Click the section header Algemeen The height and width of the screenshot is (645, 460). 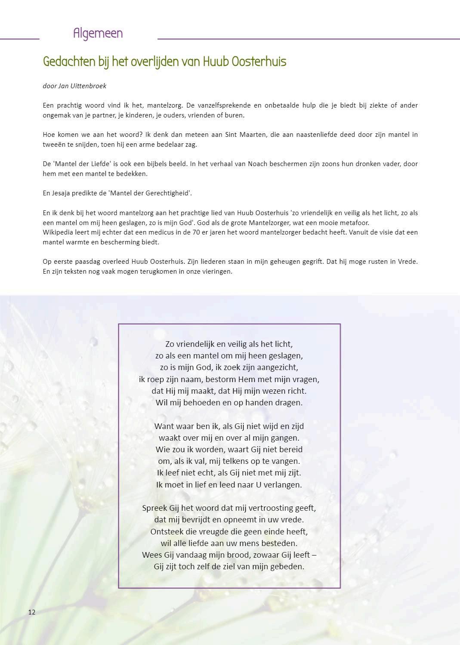(x=98, y=34)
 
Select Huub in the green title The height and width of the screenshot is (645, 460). (x=215, y=62)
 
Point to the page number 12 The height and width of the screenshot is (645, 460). (x=32, y=612)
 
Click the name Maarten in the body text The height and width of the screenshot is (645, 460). (x=250, y=135)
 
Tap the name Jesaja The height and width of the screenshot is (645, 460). (x=63, y=193)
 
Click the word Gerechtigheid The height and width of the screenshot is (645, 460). (x=169, y=193)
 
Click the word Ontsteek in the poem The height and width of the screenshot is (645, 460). (x=167, y=531)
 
